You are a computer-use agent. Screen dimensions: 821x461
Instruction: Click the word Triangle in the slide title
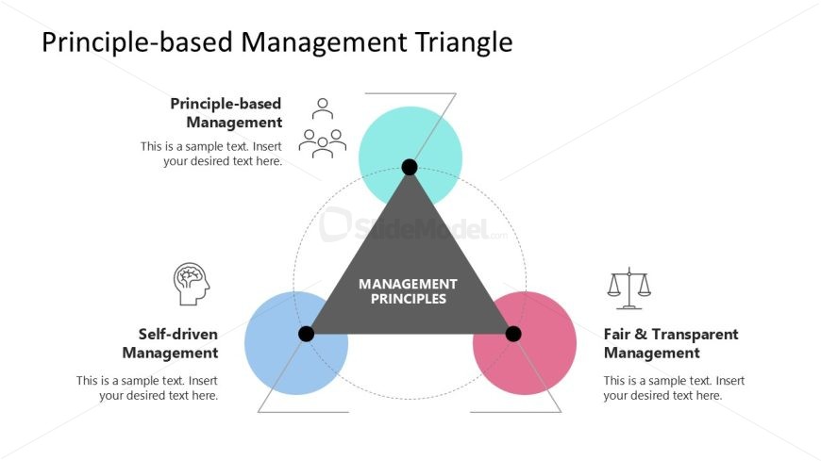coord(464,41)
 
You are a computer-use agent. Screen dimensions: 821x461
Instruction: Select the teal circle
coord(410,158)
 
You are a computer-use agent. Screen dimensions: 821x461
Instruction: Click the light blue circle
coord(296,343)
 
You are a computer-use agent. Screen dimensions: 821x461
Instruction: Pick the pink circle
coord(525,343)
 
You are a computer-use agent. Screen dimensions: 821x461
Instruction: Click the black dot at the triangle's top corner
coord(410,168)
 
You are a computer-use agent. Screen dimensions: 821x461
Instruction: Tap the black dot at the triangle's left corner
coord(307,334)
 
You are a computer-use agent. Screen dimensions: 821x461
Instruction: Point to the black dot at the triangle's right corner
coord(513,334)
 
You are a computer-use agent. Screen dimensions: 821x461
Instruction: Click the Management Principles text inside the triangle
coord(409,291)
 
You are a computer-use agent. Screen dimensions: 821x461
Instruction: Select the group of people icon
coord(323,128)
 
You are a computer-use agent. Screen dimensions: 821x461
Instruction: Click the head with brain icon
coord(192,284)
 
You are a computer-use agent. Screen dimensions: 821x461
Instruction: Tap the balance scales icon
coord(628,288)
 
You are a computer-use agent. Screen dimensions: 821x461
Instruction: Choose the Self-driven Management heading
coord(171,343)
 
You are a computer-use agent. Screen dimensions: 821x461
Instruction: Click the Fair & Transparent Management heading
coord(671,343)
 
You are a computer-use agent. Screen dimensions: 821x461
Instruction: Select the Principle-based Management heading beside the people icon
coord(226,112)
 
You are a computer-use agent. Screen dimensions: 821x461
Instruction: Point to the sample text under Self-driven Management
coord(147,387)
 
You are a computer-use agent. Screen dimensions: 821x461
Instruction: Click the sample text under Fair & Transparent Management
coord(674,387)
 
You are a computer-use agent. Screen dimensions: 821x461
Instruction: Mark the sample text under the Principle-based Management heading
coord(211,154)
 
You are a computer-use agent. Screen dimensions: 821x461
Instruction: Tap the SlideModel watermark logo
coord(412,225)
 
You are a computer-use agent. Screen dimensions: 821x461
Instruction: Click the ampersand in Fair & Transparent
coord(641,334)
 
